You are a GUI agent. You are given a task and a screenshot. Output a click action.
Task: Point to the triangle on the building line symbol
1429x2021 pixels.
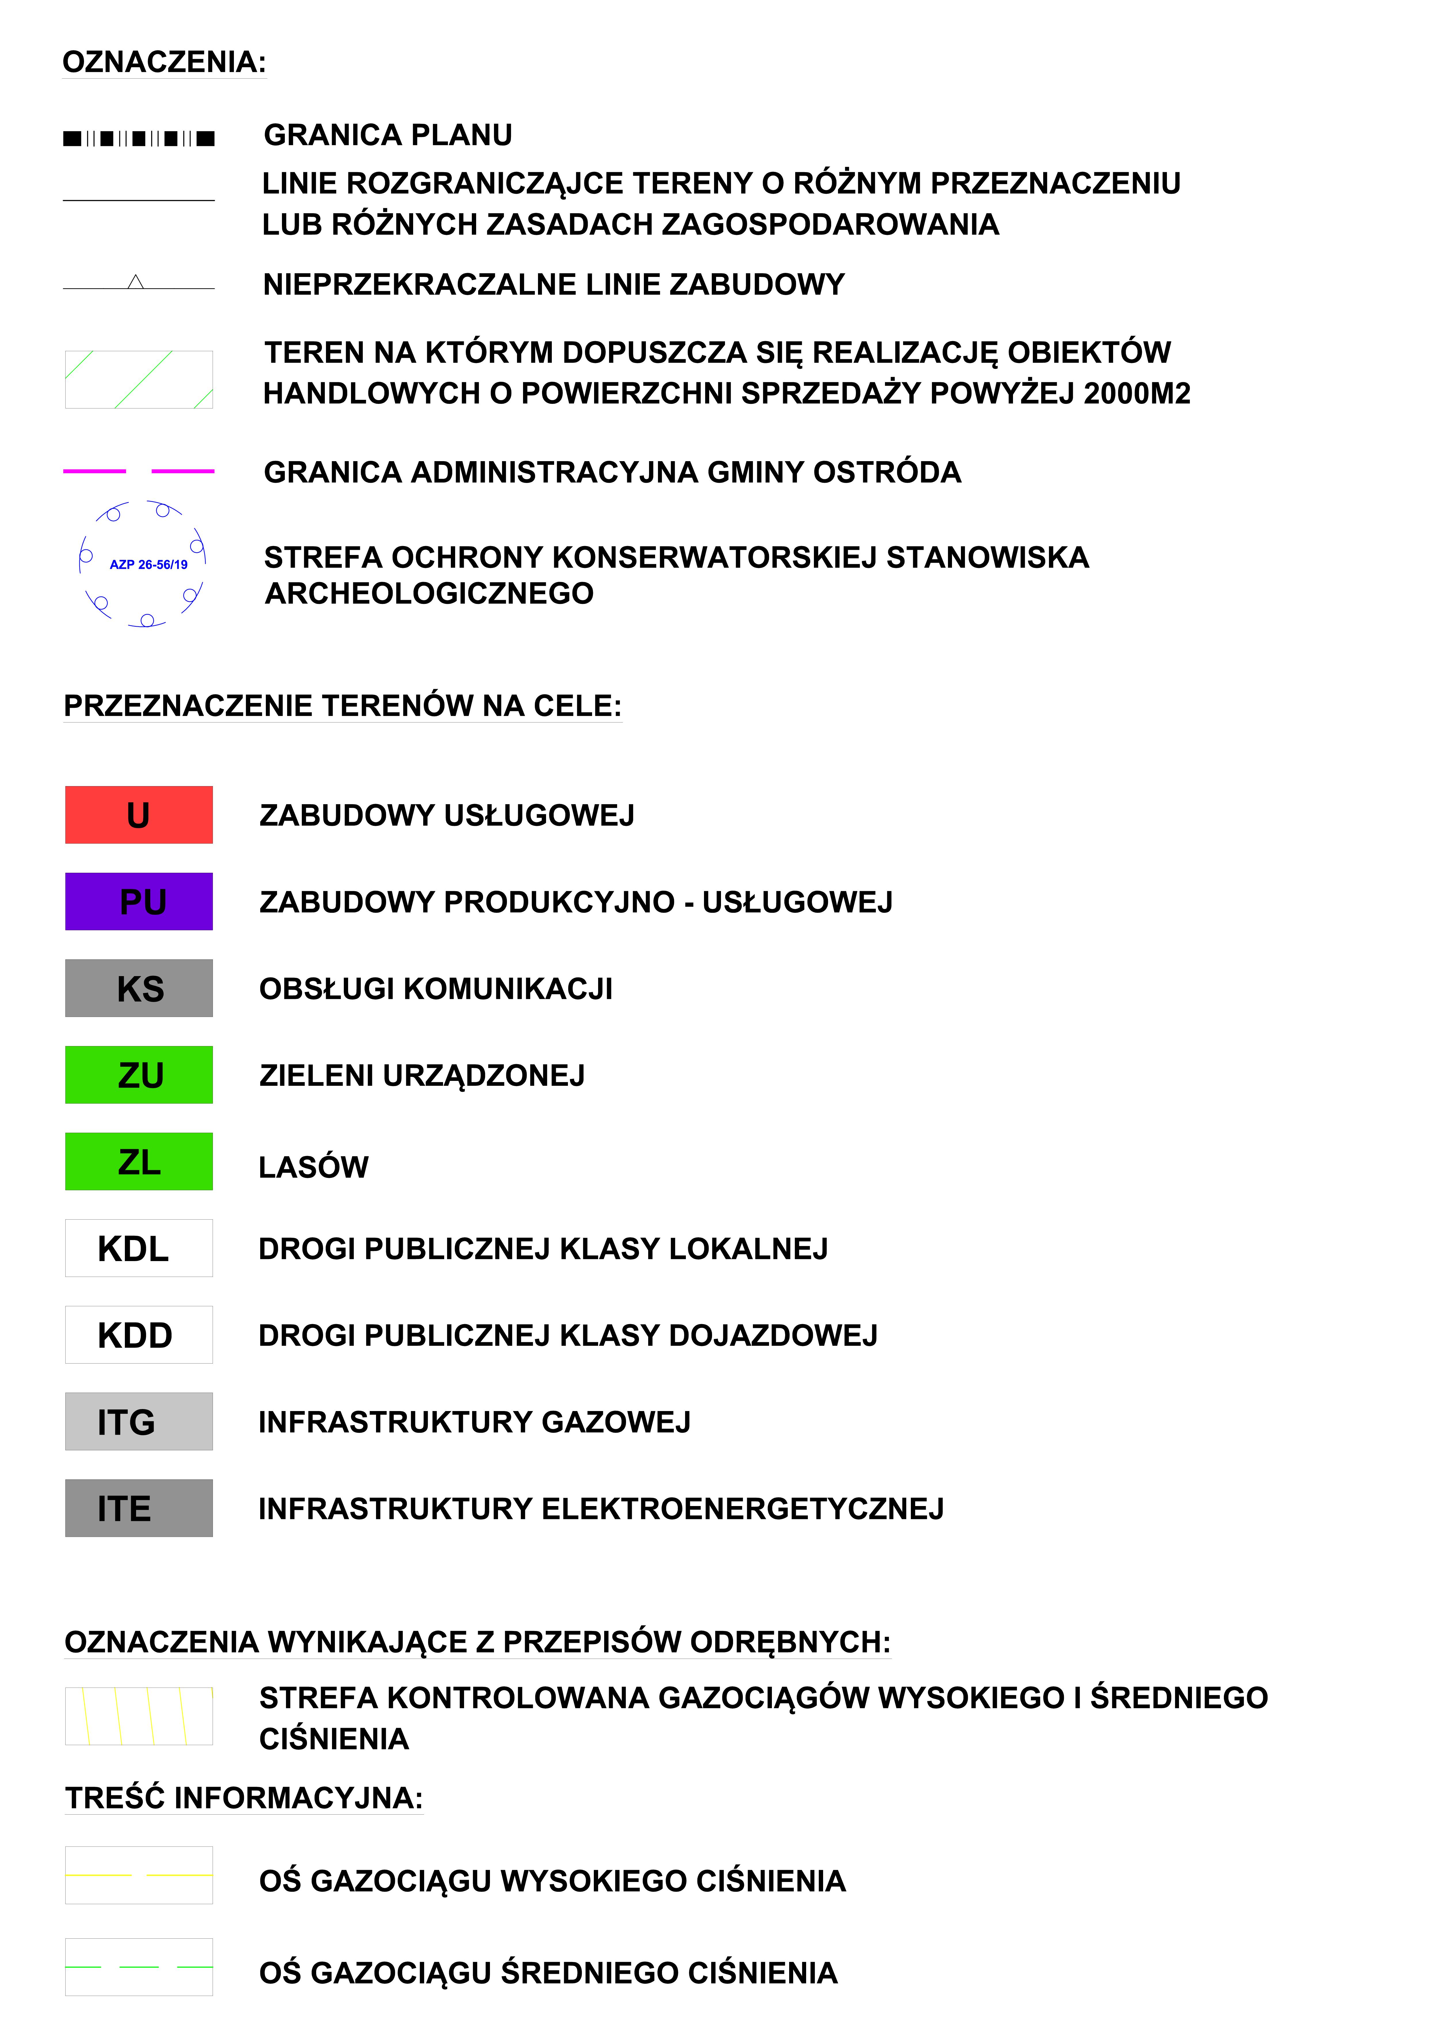point(136,283)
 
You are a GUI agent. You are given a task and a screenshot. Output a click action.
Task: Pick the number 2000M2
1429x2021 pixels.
point(1137,393)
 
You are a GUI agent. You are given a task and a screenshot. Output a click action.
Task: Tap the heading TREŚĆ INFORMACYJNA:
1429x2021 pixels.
point(244,1798)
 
